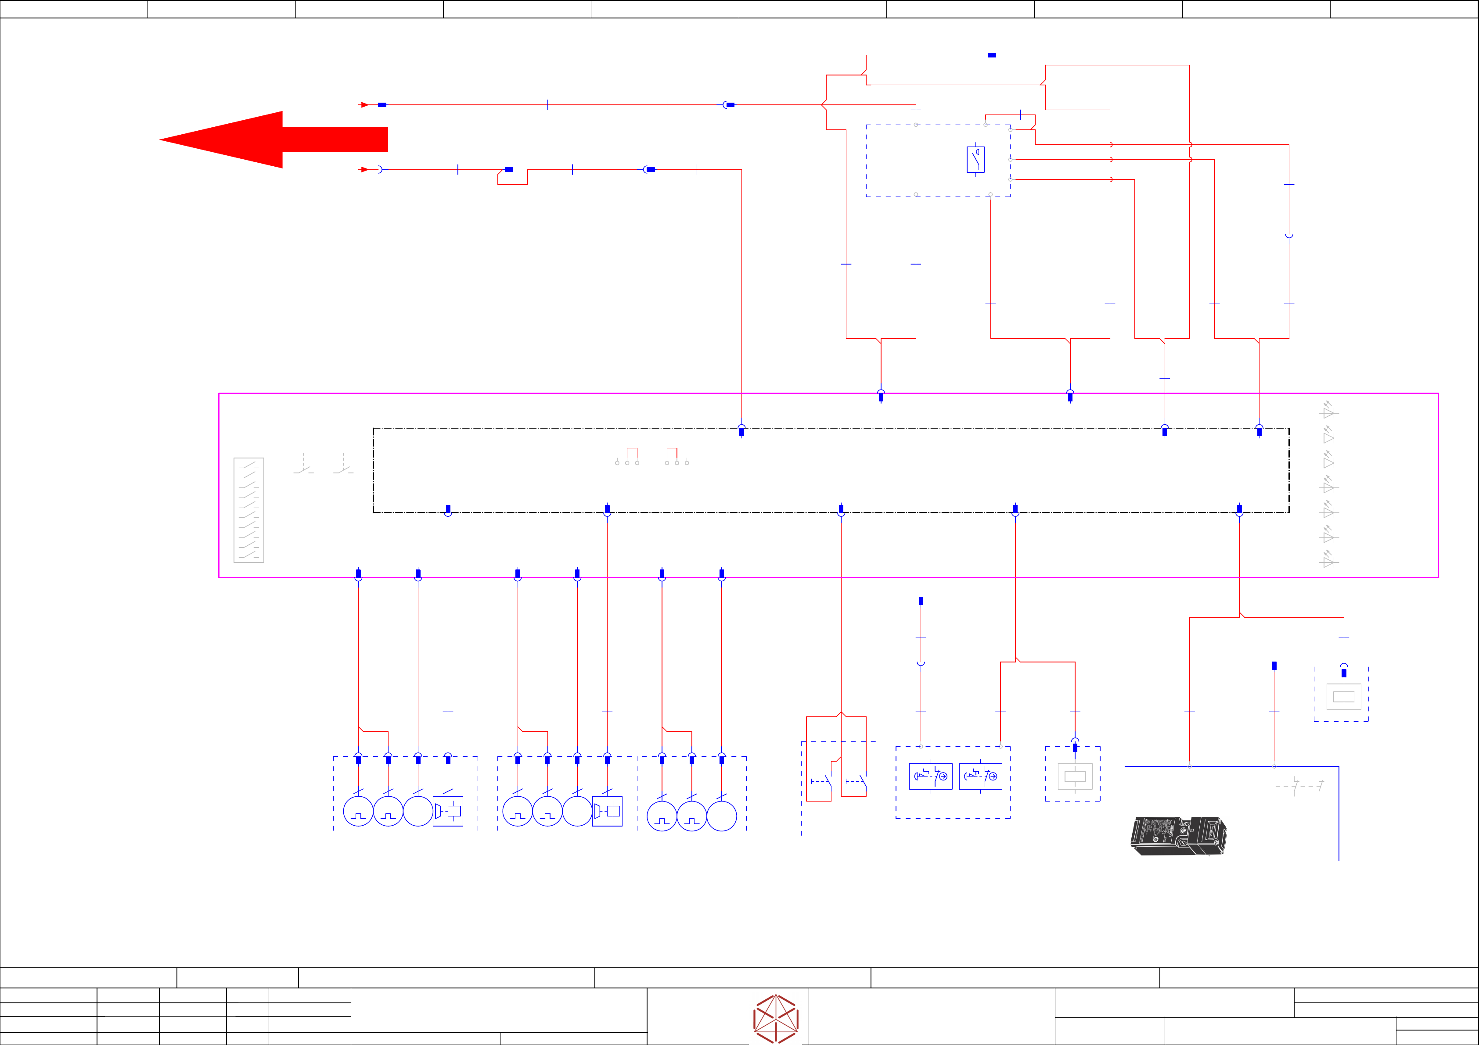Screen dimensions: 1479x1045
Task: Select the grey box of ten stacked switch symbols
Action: coord(248,510)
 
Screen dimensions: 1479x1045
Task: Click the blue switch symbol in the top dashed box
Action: coord(975,160)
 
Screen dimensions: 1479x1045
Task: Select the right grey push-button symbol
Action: coord(343,464)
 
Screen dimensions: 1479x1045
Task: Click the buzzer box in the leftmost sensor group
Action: coord(448,811)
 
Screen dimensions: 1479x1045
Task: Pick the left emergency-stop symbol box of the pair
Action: coord(931,776)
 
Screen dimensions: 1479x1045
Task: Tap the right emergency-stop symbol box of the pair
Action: coord(980,776)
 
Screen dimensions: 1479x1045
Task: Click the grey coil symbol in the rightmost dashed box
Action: coord(1344,696)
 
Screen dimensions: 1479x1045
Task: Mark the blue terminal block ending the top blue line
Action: coord(992,55)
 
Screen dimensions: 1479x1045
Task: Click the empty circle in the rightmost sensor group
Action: coord(721,816)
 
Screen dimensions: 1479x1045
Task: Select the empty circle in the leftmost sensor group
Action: coord(418,811)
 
